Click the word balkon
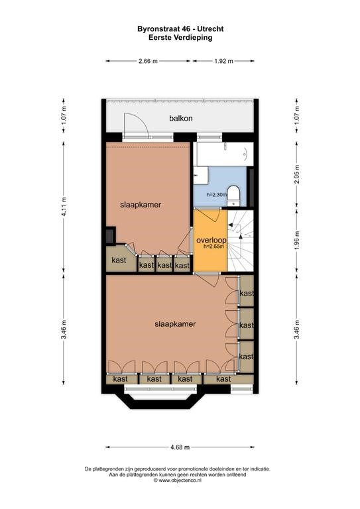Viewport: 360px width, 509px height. (x=181, y=119)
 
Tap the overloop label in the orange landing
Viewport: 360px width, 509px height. (x=211, y=240)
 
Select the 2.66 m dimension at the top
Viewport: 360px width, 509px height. (x=148, y=61)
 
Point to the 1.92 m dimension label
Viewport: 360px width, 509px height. (x=223, y=61)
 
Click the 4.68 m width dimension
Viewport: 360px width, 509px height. (x=180, y=447)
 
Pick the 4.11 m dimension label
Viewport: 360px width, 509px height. (x=64, y=207)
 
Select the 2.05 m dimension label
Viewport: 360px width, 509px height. (x=297, y=174)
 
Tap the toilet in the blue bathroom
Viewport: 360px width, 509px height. (x=233, y=195)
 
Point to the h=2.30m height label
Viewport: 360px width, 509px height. (x=217, y=195)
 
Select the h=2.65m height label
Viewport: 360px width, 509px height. (x=213, y=247)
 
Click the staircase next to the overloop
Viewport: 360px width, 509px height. (x=240, y=241)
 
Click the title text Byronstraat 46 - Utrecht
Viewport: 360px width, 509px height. (x=180, y=29)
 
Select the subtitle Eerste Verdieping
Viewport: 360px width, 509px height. (x=180, y=37)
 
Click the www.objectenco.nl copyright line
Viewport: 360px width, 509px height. (x=178, y=480)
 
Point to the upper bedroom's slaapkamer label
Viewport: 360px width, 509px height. (x=141, y=205)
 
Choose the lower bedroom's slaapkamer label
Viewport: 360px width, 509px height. (x=175, y=324)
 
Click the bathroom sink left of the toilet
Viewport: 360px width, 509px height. (x=201, y=176)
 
